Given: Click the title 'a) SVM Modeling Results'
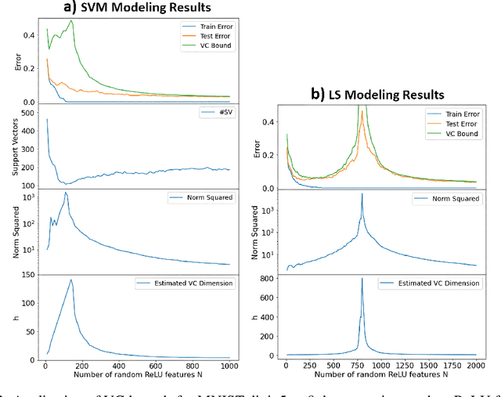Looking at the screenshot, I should coord(137,7).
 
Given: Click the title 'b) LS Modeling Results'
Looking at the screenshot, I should coord(384,95).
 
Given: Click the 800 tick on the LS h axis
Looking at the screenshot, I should coord(269,278).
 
